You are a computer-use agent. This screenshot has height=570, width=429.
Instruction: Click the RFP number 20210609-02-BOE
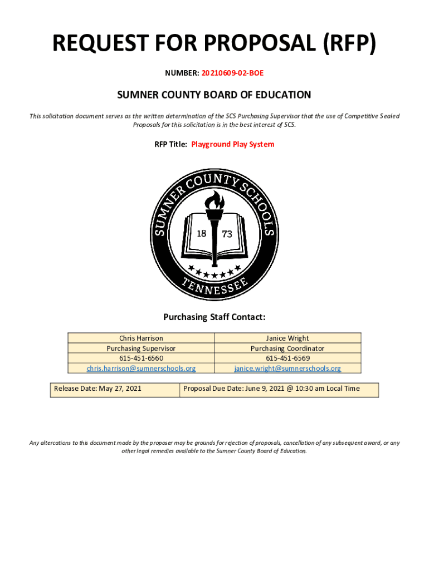coord(232,72)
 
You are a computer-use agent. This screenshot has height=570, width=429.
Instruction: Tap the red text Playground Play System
coord(232,144)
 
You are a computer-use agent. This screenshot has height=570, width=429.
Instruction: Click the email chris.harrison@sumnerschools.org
coord(141,368)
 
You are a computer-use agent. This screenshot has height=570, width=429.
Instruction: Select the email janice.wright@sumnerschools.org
coord(287,368)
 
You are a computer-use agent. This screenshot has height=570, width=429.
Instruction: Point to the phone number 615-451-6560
coord(141,358)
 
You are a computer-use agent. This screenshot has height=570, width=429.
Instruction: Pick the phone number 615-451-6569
coord(287,358)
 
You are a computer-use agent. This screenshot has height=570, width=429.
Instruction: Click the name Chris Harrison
coord(141,338)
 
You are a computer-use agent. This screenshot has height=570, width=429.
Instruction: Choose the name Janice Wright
coord(287,338)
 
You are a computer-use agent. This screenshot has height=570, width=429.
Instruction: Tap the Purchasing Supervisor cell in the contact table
coord(141,348)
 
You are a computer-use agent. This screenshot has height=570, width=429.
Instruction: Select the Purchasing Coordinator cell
coord(287,348)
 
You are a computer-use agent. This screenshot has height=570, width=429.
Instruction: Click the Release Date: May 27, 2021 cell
coord(97,389)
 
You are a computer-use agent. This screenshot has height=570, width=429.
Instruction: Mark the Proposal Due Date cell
coord(271,389)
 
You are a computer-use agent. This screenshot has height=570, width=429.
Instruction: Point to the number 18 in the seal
coord(202,234)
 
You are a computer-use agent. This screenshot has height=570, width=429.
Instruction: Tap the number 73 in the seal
coord(227,235)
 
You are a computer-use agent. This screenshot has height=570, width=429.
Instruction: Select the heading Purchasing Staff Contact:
coord(214,317)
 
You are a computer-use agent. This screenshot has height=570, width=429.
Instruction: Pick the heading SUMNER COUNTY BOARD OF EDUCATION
coord(214,95)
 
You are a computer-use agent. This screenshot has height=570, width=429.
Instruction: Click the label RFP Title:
coord(170,144)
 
